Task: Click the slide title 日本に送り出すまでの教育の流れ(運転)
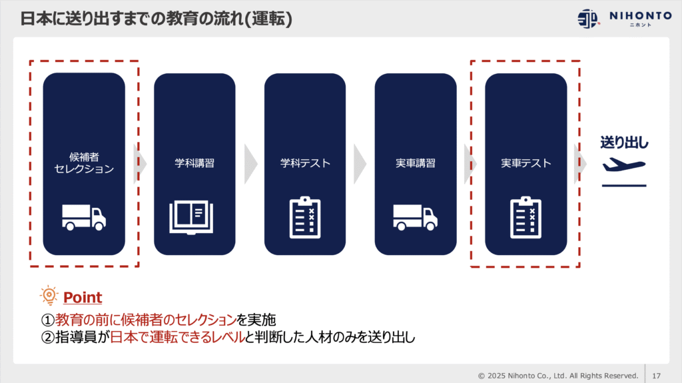157,19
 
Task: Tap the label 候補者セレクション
84,163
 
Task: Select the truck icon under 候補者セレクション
84,217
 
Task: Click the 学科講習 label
194,163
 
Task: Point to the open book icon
194,217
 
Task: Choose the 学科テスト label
305,163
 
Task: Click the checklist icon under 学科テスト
305,217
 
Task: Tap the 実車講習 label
416,163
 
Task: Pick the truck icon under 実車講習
415,217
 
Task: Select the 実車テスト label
526,163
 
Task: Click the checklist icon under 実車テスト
526,217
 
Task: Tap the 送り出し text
624,142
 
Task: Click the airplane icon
624,166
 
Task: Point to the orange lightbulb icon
49,296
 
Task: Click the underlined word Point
83,297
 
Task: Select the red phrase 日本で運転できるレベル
177,337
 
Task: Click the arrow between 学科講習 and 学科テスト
250,163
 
